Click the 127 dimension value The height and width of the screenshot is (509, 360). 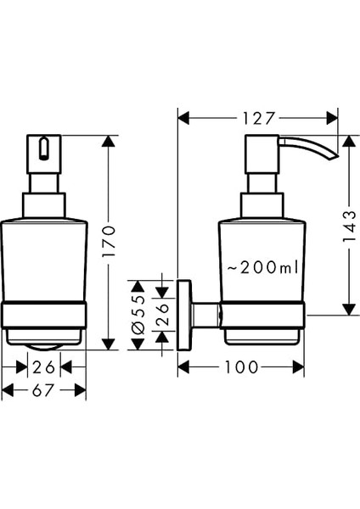[259, 119]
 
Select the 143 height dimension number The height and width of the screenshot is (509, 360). [350, 227]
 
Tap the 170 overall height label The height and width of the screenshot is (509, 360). [109, 241]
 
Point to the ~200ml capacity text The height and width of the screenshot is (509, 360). [262, 267]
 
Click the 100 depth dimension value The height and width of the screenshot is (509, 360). [242, 367]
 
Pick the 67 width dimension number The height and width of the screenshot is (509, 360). [42, 390]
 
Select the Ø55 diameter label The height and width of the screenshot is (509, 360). [138, 316]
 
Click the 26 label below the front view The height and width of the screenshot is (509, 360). [44, 367]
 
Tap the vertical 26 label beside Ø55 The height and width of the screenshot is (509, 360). [163, 315]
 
